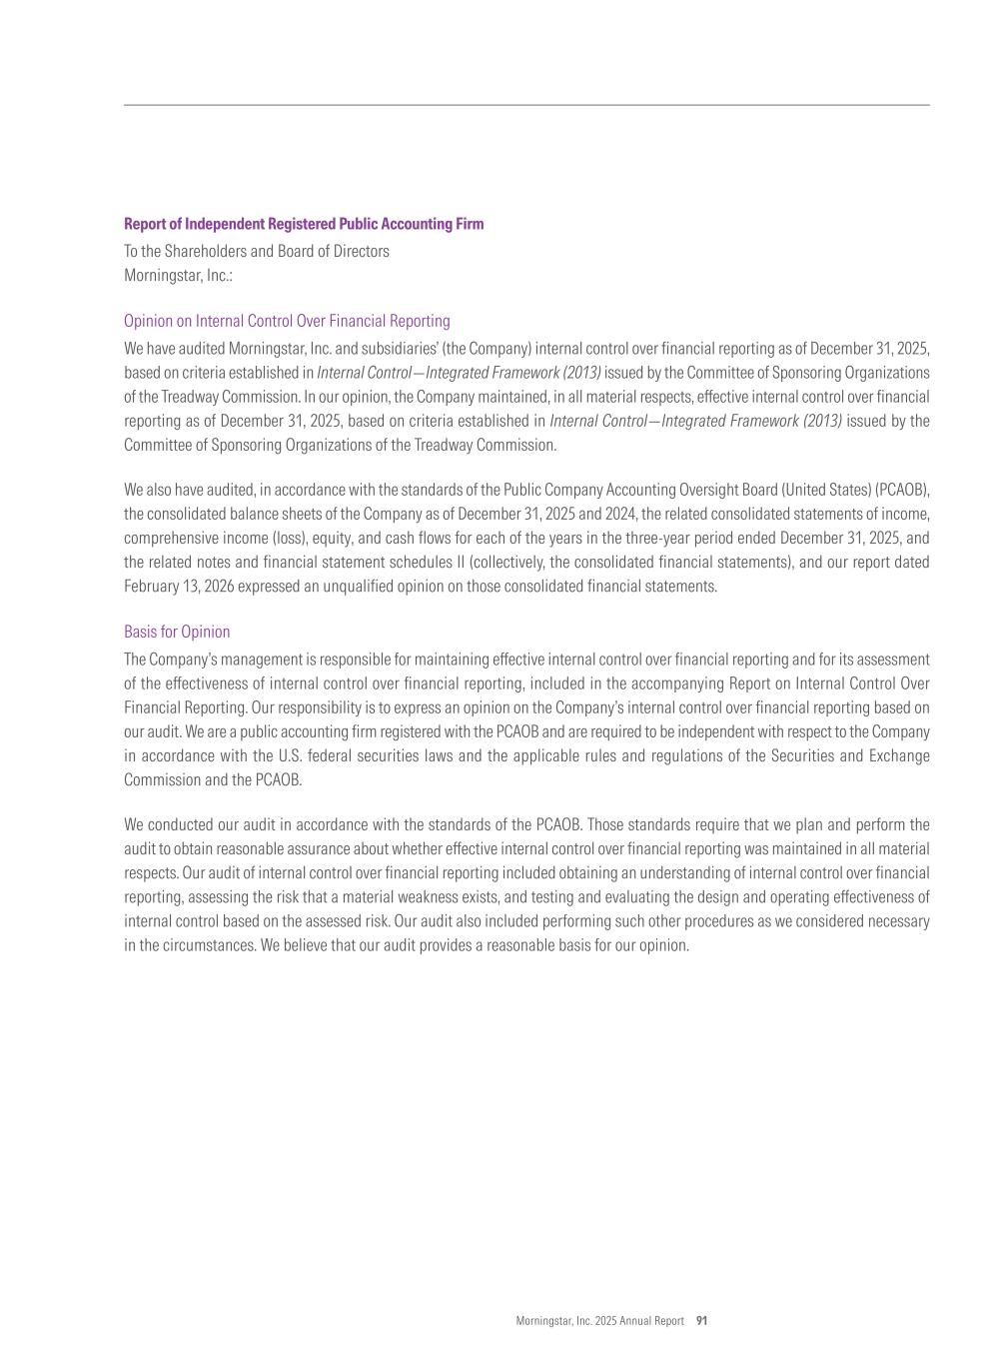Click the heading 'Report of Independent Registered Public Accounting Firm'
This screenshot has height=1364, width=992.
[x=304, y=224]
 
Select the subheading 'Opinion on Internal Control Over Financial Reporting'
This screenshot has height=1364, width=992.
[x=287, y=321]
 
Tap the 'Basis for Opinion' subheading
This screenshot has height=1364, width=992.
[x=177, y=632]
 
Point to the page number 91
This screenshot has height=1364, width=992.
[x=701, y=1321]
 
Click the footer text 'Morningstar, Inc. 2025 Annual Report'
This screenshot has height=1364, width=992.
[x=599, y=1321]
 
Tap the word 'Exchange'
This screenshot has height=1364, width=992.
[x=897, y=756]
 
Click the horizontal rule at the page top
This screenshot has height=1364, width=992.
[x=526, y=105]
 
